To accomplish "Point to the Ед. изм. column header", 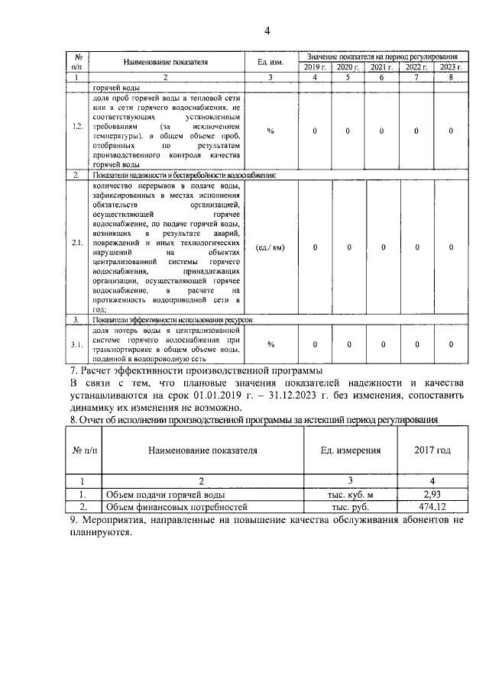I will (264, 63).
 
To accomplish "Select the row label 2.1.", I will (78, 247).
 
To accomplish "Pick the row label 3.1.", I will (78, 344).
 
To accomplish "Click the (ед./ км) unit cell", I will (270, 247).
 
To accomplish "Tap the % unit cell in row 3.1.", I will (270, 344).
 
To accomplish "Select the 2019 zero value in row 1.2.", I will (316, 131).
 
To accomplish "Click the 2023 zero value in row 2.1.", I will (451, 247).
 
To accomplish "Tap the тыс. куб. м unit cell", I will (351, 494).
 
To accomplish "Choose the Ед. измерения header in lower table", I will (351, 450).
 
